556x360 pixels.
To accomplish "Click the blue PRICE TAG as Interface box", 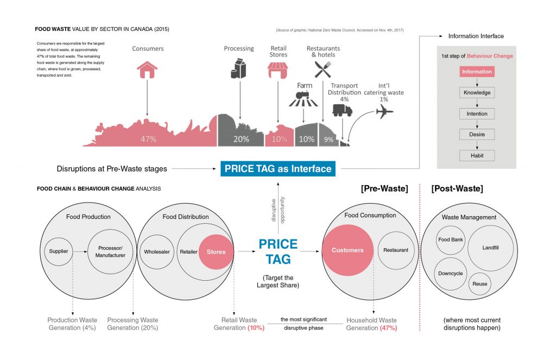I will click(x=277, y=168).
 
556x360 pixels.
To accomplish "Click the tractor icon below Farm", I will click(x=304, y=100).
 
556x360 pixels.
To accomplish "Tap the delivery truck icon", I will click(x=342, y=110).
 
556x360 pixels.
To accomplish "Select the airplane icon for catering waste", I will click(x=384, y=111).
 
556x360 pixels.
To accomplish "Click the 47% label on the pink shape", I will click(x=148, y=139).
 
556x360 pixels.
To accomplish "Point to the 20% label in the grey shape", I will click(x=241, y=139).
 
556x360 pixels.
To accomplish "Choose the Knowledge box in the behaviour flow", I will click(x=477, y=93).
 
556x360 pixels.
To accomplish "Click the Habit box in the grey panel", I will click(x=477, y=155).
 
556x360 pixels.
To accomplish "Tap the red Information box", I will click(x=477, y=72).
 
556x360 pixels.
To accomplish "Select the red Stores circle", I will click(x=216, y=251).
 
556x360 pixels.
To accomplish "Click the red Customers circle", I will click(x=347, y=250).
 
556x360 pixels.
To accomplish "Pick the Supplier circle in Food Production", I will click(x=59, y=251).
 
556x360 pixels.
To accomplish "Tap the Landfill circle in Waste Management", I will click(x=490, y=248).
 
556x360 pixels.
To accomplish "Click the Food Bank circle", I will click(x=450, y=239).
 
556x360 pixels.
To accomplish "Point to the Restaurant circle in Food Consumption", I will click(x=395, y=250).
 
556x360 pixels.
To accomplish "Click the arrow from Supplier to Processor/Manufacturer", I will click(x=80, y=251).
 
